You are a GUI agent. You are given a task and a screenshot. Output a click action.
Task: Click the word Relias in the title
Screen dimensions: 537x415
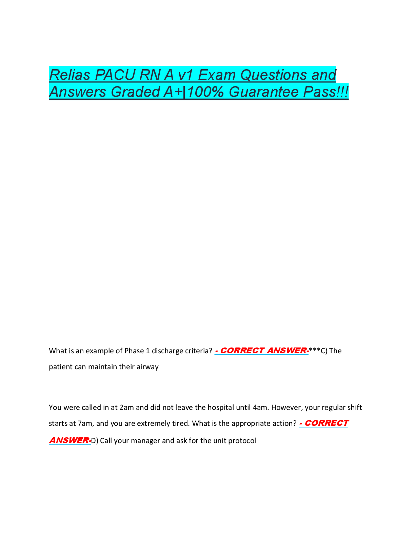(70, 75)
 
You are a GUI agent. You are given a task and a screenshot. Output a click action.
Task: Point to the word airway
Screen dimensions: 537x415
(147, 367)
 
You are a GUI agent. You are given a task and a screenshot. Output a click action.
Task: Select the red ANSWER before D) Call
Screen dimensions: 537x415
(69, 440)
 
